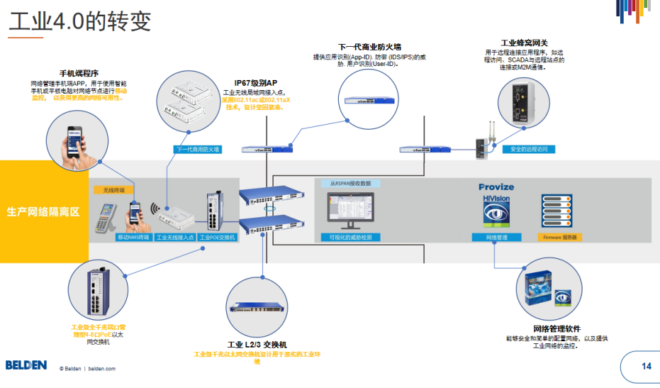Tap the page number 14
click(646, 367)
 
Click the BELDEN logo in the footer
click(26, 365)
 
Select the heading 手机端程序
click(78, 73)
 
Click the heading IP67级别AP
click(256, 83)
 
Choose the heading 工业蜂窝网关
click(524, 43)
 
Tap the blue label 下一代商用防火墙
click(198, 150)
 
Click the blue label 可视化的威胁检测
click(350, 237)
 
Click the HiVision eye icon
click(496, 211)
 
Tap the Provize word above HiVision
click(496, 187)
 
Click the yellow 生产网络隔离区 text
click(43, 211)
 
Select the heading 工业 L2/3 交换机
click(257, 345)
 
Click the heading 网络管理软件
click(556, 329)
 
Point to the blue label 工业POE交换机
click(217, 237)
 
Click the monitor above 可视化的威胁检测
click(349, 209)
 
